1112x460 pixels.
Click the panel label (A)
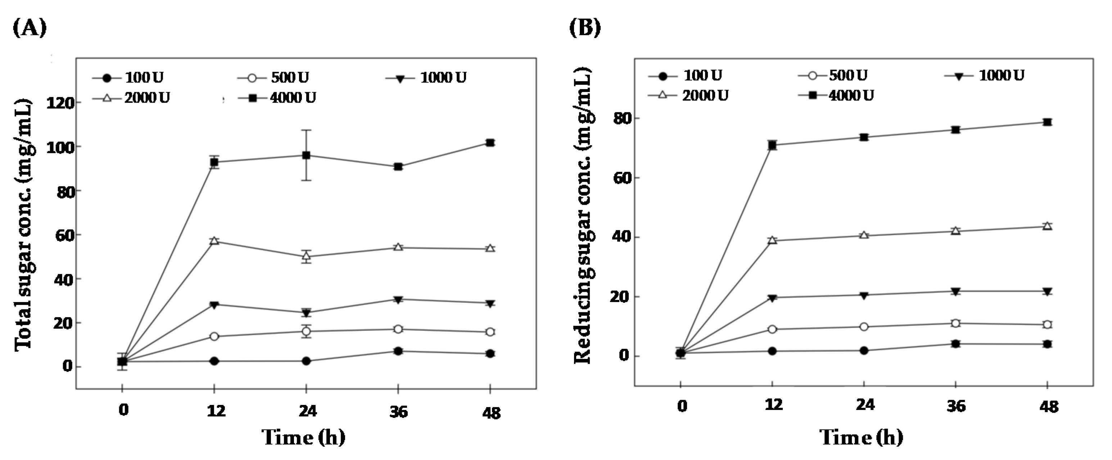[x=30, y=28]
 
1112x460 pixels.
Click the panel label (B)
[x=584, y=28]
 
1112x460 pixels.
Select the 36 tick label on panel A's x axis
[x=398, y=412]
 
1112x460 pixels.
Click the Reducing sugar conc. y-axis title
[x=583, y=216]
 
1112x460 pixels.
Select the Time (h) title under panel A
[x=303, y=438]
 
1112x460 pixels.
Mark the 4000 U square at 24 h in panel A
[x=306, y=155]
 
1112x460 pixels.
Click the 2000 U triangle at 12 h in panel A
[x=214, y=241]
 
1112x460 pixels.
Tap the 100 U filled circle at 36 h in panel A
[x=398, y=351]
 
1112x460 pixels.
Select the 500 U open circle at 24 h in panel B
[x=864, y=327]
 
